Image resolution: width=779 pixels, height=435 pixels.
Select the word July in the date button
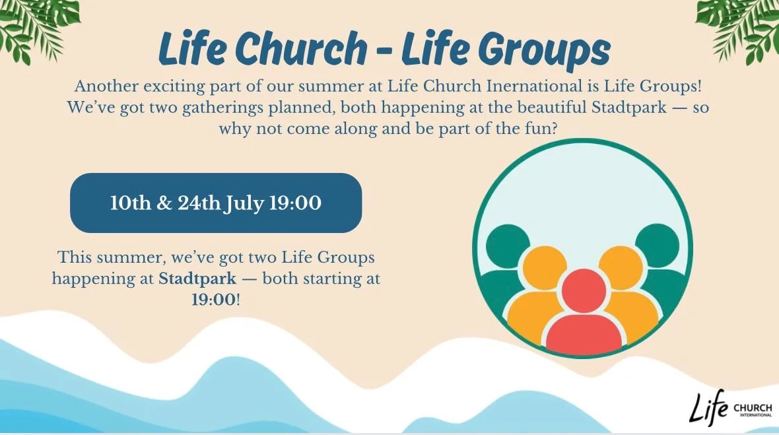pyautogui.click(x=244, y=203)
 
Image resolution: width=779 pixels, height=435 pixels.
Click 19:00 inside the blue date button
pyautogui.click(x=294, y=203)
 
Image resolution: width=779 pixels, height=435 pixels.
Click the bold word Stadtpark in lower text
pyautogui.click(x=197, y=278)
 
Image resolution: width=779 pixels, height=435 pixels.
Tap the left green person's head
pyautogui.click(x=508, y=247)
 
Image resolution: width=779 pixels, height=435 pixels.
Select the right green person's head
pyautogui.click(x=658, y=246)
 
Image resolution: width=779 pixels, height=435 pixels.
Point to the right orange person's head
pyautogui.click(x=621, y=268)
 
